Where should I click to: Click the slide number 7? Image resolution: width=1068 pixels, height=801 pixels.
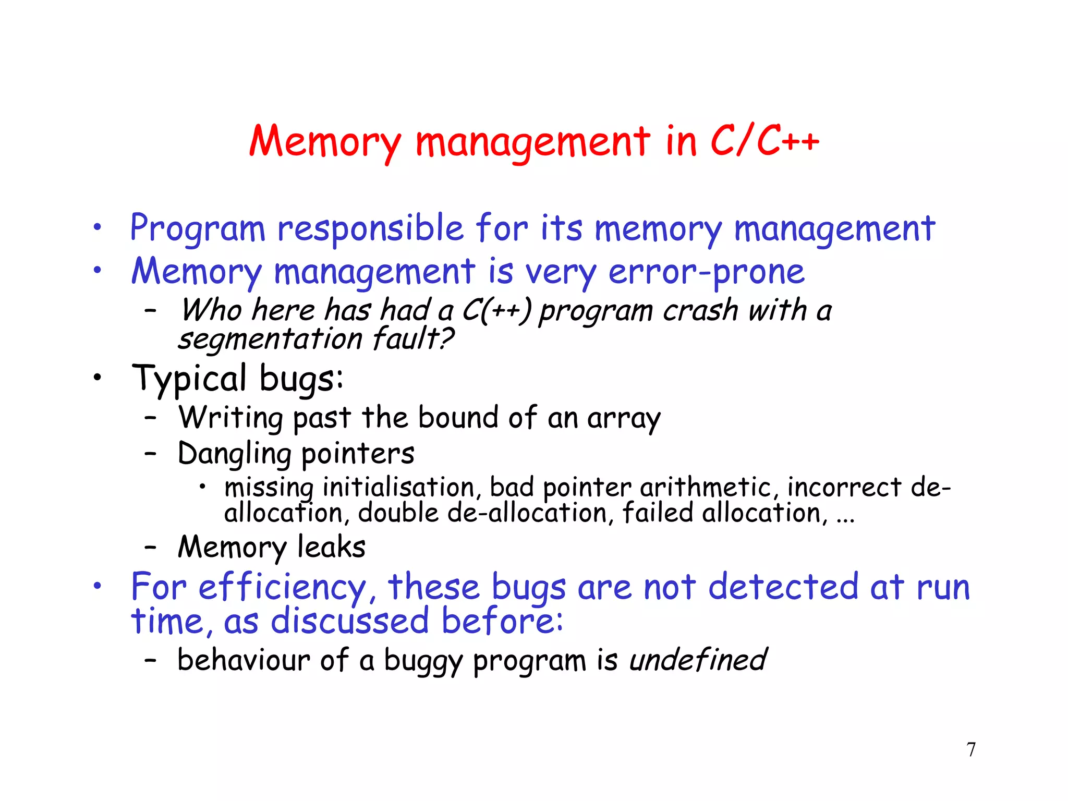(x=971, y=749)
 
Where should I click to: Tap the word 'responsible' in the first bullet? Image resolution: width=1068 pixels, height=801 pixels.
(x=370, y=228)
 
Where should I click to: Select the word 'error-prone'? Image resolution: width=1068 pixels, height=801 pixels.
(x=706, y=272)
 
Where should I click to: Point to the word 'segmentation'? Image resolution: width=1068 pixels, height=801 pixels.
(x=270, y=339)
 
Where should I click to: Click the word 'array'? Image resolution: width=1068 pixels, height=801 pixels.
(x=624, y=418)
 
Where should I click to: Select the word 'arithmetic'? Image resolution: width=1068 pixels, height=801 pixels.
(x=706, y=488)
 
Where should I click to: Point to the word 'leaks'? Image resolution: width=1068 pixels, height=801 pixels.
(x=331, y=547)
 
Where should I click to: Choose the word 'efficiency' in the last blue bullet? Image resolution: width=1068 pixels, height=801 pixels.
(x=282, y=588)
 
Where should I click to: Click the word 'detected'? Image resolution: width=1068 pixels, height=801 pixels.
(x=783, y=587)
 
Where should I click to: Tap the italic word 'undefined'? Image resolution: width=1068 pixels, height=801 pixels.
(x=698, y=660)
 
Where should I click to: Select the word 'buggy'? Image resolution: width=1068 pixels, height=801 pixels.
(x=423, y=661)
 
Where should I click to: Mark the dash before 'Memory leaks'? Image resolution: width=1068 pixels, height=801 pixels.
(x=151, y=547)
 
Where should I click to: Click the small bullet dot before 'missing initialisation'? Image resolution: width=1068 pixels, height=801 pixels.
(x=202, y=488)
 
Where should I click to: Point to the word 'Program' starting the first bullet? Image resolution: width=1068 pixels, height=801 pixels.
(x=198, y=228)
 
